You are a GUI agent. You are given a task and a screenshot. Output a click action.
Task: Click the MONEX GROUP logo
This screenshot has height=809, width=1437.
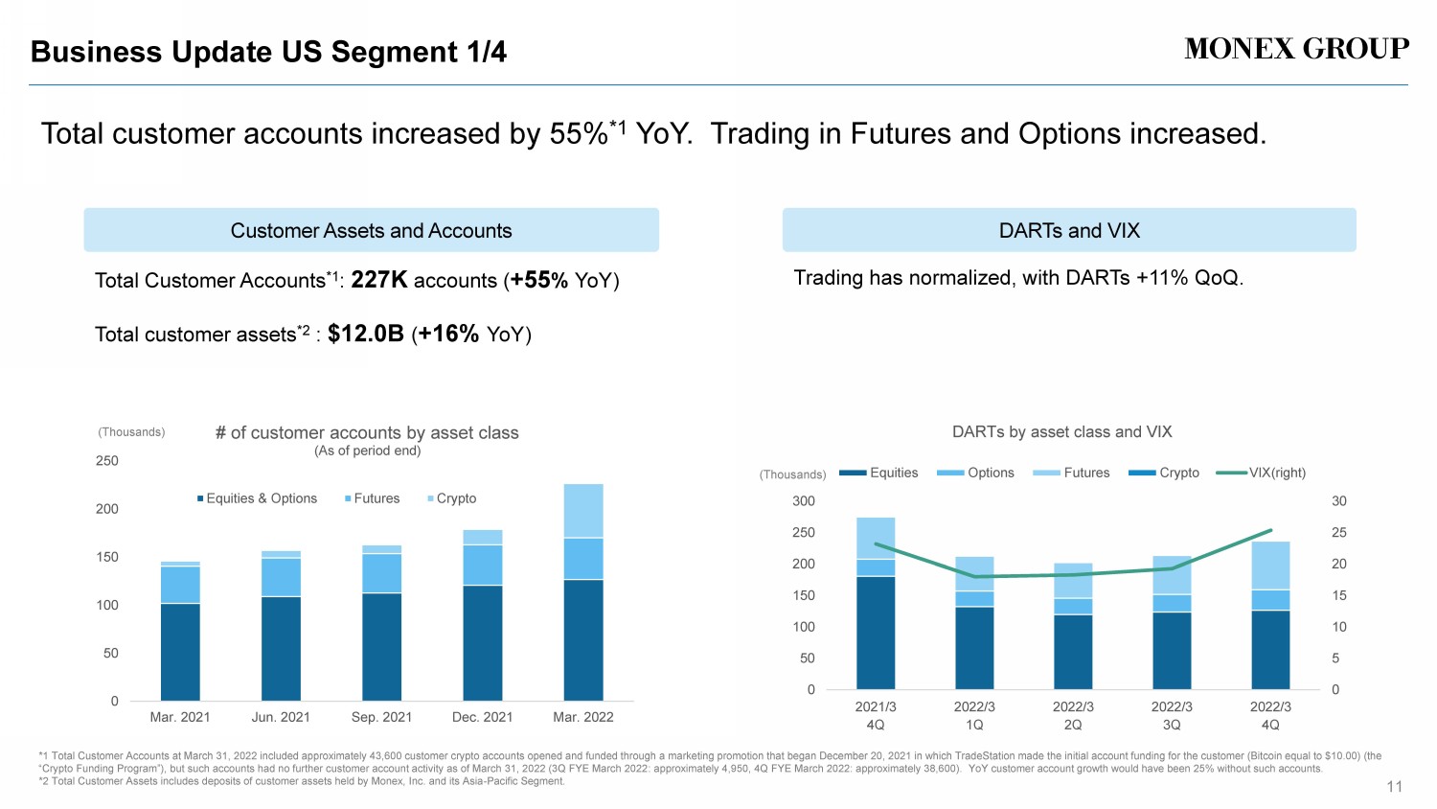(x=1296, y=49)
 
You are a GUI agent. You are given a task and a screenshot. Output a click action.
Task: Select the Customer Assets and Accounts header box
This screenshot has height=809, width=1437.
(x=371, y=230)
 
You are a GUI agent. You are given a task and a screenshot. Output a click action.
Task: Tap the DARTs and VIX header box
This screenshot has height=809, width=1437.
(x=1069, y=230)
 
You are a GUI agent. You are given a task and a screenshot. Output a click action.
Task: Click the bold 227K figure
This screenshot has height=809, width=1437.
(x=379, y=280)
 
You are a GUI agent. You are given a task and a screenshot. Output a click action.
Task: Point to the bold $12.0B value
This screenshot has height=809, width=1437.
(x=365, y=334)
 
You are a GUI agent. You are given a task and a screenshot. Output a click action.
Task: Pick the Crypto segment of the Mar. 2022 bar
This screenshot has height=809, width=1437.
(x=583, y=510)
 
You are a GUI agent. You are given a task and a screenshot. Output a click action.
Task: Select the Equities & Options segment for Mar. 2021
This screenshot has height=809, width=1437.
(x=180, y=652)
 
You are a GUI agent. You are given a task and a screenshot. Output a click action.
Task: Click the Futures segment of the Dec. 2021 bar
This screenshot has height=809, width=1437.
(x=483, y=565)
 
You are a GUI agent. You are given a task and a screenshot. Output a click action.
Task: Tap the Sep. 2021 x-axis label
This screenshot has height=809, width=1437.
(x=381, y=717)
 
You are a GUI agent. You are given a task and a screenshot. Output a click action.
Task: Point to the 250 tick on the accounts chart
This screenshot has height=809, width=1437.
(x=107, y=461)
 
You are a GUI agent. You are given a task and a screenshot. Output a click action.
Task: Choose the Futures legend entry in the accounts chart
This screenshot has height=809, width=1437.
(x=372, y=498)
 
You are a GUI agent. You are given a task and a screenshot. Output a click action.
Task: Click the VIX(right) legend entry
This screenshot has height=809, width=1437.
(x=1261, y=473)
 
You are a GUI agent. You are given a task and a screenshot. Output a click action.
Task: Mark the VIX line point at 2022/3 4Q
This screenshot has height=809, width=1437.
(x=1270, y=530)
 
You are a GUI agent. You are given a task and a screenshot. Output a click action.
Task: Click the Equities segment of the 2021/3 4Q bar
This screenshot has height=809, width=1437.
(x=876, y=633)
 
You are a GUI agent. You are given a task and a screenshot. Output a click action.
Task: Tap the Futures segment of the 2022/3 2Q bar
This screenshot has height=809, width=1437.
(x=1073, y=581)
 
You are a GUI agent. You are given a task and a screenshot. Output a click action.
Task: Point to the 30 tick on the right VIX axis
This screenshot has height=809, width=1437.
(x=1338, y=501)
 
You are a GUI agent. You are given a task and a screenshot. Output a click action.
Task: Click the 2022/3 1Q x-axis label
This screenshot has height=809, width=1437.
(x=974, y=715)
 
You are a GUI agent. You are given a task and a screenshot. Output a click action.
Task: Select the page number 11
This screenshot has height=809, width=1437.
(x=1394, y=787)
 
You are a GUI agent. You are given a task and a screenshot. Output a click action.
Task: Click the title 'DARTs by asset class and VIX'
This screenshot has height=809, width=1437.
(x=1061, y=432)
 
